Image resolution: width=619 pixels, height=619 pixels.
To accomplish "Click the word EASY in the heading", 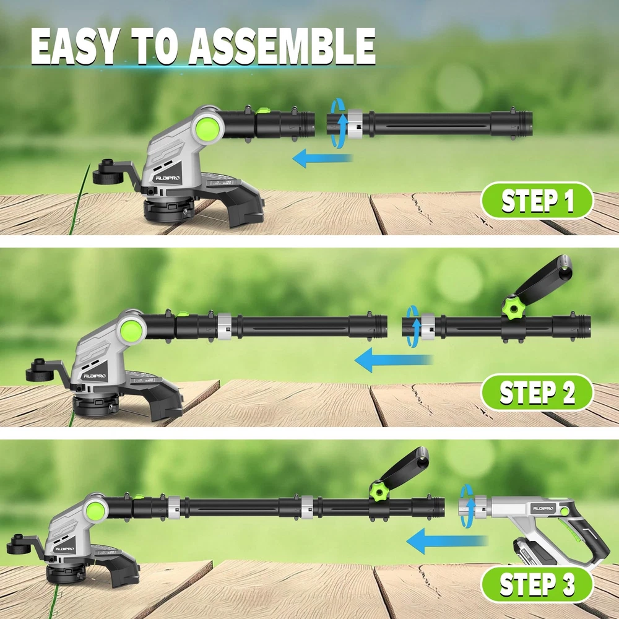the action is point(76,46).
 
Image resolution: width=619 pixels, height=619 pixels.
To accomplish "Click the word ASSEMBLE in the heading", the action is point(282,46).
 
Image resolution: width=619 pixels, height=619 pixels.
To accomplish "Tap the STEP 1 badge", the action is point(537,201).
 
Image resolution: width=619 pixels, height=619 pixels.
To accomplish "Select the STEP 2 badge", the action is point(537,392).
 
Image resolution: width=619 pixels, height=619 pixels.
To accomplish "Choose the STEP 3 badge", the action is point(537,584).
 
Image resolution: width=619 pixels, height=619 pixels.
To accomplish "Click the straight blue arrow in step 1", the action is point(322,158).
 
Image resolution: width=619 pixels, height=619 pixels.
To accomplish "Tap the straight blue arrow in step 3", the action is point(447,541).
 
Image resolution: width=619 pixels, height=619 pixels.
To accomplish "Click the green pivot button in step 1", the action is point(207,127).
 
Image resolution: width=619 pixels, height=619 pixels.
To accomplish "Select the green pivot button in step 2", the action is point(131,329).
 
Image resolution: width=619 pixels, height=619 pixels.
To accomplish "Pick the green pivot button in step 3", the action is point(95,510).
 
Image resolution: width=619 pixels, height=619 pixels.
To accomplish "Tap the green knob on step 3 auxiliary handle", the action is point(380,490).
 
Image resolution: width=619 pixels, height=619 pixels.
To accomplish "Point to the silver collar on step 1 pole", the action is point(355,124).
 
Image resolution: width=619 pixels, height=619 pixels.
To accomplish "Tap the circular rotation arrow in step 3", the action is point(467,506).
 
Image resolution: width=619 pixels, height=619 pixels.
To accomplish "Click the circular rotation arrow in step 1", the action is point(338,123).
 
